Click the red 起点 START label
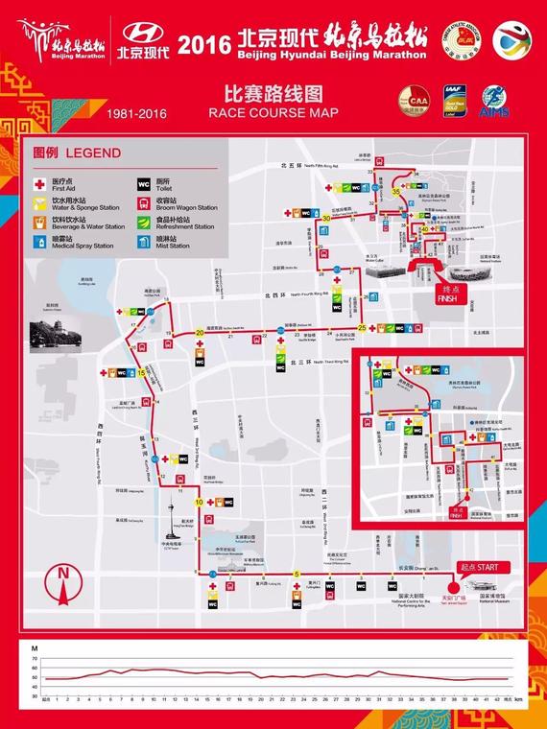click(x=479, y=567)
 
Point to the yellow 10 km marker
click(x=200, y=502)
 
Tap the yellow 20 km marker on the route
click(x=200, y=333)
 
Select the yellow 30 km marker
click(x=326, y=219)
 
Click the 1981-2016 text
click(x=137, y=113)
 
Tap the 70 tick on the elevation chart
click(x=35, y=660)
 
